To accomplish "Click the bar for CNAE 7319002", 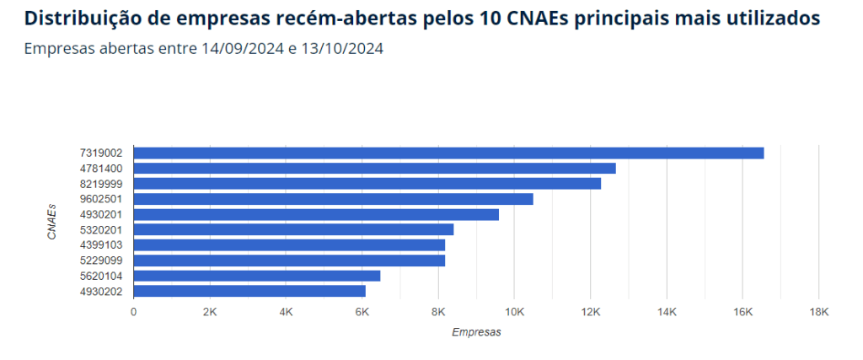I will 448,153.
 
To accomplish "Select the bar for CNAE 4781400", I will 374,168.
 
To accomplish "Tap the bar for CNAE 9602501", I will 333,199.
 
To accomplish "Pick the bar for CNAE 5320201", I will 293,229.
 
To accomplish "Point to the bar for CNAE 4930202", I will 249,291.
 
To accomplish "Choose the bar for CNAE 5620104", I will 257,276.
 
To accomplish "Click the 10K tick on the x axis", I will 514,312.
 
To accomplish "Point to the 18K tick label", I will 818,312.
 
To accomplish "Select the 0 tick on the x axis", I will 133,312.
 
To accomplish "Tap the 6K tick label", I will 362,312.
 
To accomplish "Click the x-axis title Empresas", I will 476,332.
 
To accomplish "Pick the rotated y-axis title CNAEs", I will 52,222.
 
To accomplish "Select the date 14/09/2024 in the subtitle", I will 243,49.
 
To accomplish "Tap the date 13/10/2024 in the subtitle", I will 341,49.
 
